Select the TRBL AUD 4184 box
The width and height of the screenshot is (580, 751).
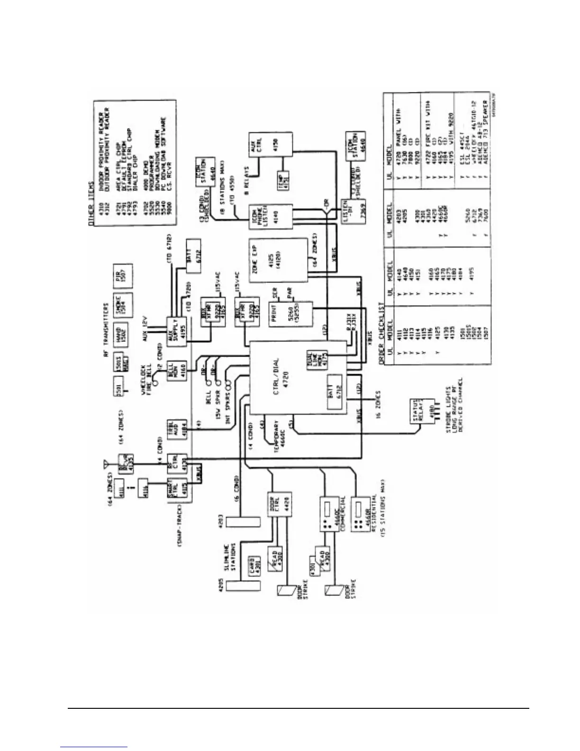[x=175, y=430]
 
